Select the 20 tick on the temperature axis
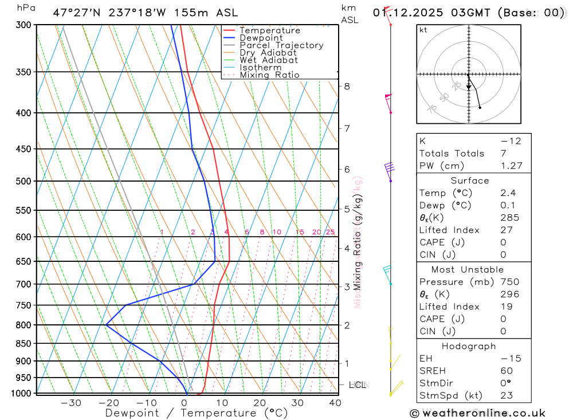point(260,403)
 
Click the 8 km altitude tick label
point(347,87)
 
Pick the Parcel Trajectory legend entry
point(281,45)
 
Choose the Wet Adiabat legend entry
point(268,60)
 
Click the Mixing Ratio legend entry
point(269,75)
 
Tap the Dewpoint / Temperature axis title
point(196,413)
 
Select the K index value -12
point(511,141)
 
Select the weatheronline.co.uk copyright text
point(477,413)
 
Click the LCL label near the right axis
point(358,385)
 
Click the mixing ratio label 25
point(330,232)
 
